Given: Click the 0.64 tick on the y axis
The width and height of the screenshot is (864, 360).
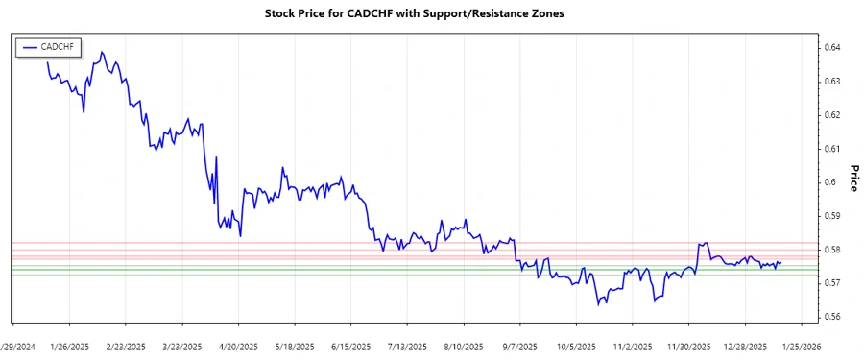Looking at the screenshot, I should (832, 48).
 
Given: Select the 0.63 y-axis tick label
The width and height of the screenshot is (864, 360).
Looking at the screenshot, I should (832, 82).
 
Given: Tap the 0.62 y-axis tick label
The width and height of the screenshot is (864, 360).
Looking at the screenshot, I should (832, 115).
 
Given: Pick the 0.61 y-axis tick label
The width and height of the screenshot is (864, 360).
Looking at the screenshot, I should (832, 149).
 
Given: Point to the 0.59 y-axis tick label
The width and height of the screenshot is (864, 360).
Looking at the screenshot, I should (832, 216).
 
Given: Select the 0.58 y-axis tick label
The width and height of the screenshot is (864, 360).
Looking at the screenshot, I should (832, 250).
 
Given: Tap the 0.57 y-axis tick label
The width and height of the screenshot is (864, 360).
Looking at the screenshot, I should (832, 283).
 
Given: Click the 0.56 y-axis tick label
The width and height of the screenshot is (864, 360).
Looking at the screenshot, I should (832, 317).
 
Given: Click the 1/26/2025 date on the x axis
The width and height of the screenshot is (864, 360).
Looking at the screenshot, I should (69, 346).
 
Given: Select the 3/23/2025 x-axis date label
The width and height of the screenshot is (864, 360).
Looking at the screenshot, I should (181, 346).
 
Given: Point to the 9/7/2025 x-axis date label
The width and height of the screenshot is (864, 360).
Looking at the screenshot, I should (519, 346).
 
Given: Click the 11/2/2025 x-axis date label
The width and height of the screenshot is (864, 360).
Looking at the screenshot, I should (633, 346).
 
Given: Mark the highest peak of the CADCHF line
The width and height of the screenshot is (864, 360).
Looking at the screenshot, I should (102, 52).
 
